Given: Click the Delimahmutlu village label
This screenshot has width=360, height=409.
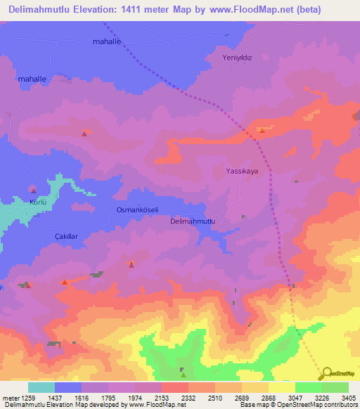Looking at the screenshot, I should click(x=196, y=221).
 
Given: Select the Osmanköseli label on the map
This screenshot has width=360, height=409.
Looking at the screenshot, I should click(x=137, y=210).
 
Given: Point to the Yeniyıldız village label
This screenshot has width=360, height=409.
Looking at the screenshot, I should click(x=236, y=58).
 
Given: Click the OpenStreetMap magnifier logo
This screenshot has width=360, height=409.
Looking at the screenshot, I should click(x=326, y=373).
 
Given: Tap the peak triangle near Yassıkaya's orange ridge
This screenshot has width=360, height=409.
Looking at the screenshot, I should click(x=262, y=130).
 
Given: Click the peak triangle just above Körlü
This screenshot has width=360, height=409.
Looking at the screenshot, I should click(x=33, y=190).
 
